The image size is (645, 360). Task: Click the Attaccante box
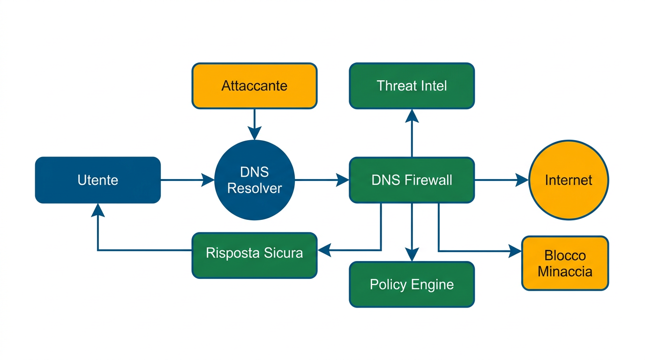pyautogui.click(x=255, y=86)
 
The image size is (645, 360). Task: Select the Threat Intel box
pyautogui.click(x=412, y=86)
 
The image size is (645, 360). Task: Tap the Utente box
pyautogui.click(x=98, y=180)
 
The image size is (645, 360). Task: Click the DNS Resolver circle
pyautogui.click(x=255, y=180)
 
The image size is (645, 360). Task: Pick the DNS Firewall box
pyautogui.click(x=412, y=180)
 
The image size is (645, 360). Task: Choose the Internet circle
pyautogui.click(x=568, y=180)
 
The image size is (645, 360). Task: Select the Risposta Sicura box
pyautogui.click(x=255, y=254)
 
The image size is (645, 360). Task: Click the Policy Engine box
pyautogui.click(x=412, y=285)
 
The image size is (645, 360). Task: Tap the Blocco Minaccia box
pyautogui.click(x=565, y=263)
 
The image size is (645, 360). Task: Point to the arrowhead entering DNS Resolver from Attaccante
pyautogui.click(x=255, y=134)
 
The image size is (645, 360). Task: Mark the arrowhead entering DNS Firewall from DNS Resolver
pyautogui.click(x=343, y=180)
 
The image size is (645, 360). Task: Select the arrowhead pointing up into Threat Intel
pyautogui.click(x=412, y=115)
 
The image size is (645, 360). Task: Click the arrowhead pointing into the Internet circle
pyautogui.click(x=522, y=180)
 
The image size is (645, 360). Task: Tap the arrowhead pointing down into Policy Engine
pyautogui.click(x=412, y=255)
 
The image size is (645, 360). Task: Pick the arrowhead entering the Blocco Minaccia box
pyautogui.click(x=515, y=251)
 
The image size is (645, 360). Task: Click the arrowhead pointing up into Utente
pyautogui.click(x=98, y=210)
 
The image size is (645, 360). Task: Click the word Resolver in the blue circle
pyautogui.click(x=255, y=188)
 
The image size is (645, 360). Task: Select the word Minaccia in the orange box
pyautogui.click(x=565, y=271)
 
